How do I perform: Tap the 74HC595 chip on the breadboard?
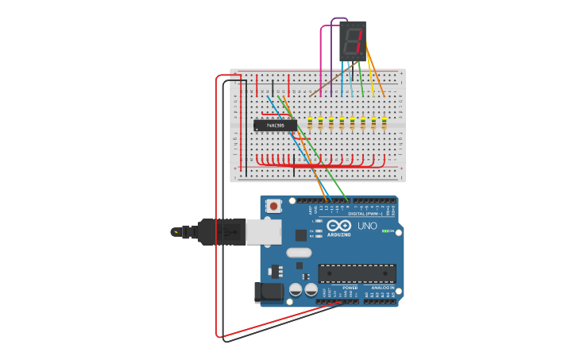point(275,125)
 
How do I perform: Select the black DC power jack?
point(268,292)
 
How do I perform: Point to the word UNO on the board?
point(368,226)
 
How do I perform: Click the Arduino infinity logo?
point(338,226)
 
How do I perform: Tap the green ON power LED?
point(385,231)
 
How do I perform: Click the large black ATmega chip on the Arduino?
point(357,273)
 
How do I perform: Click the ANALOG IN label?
point(382,288)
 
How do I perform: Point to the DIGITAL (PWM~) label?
point(365,214)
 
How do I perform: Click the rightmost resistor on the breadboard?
point(385,123)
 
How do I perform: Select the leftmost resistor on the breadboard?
point(310,123)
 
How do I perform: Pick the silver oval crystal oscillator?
point(299,253)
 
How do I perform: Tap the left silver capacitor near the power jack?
point(295,292)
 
